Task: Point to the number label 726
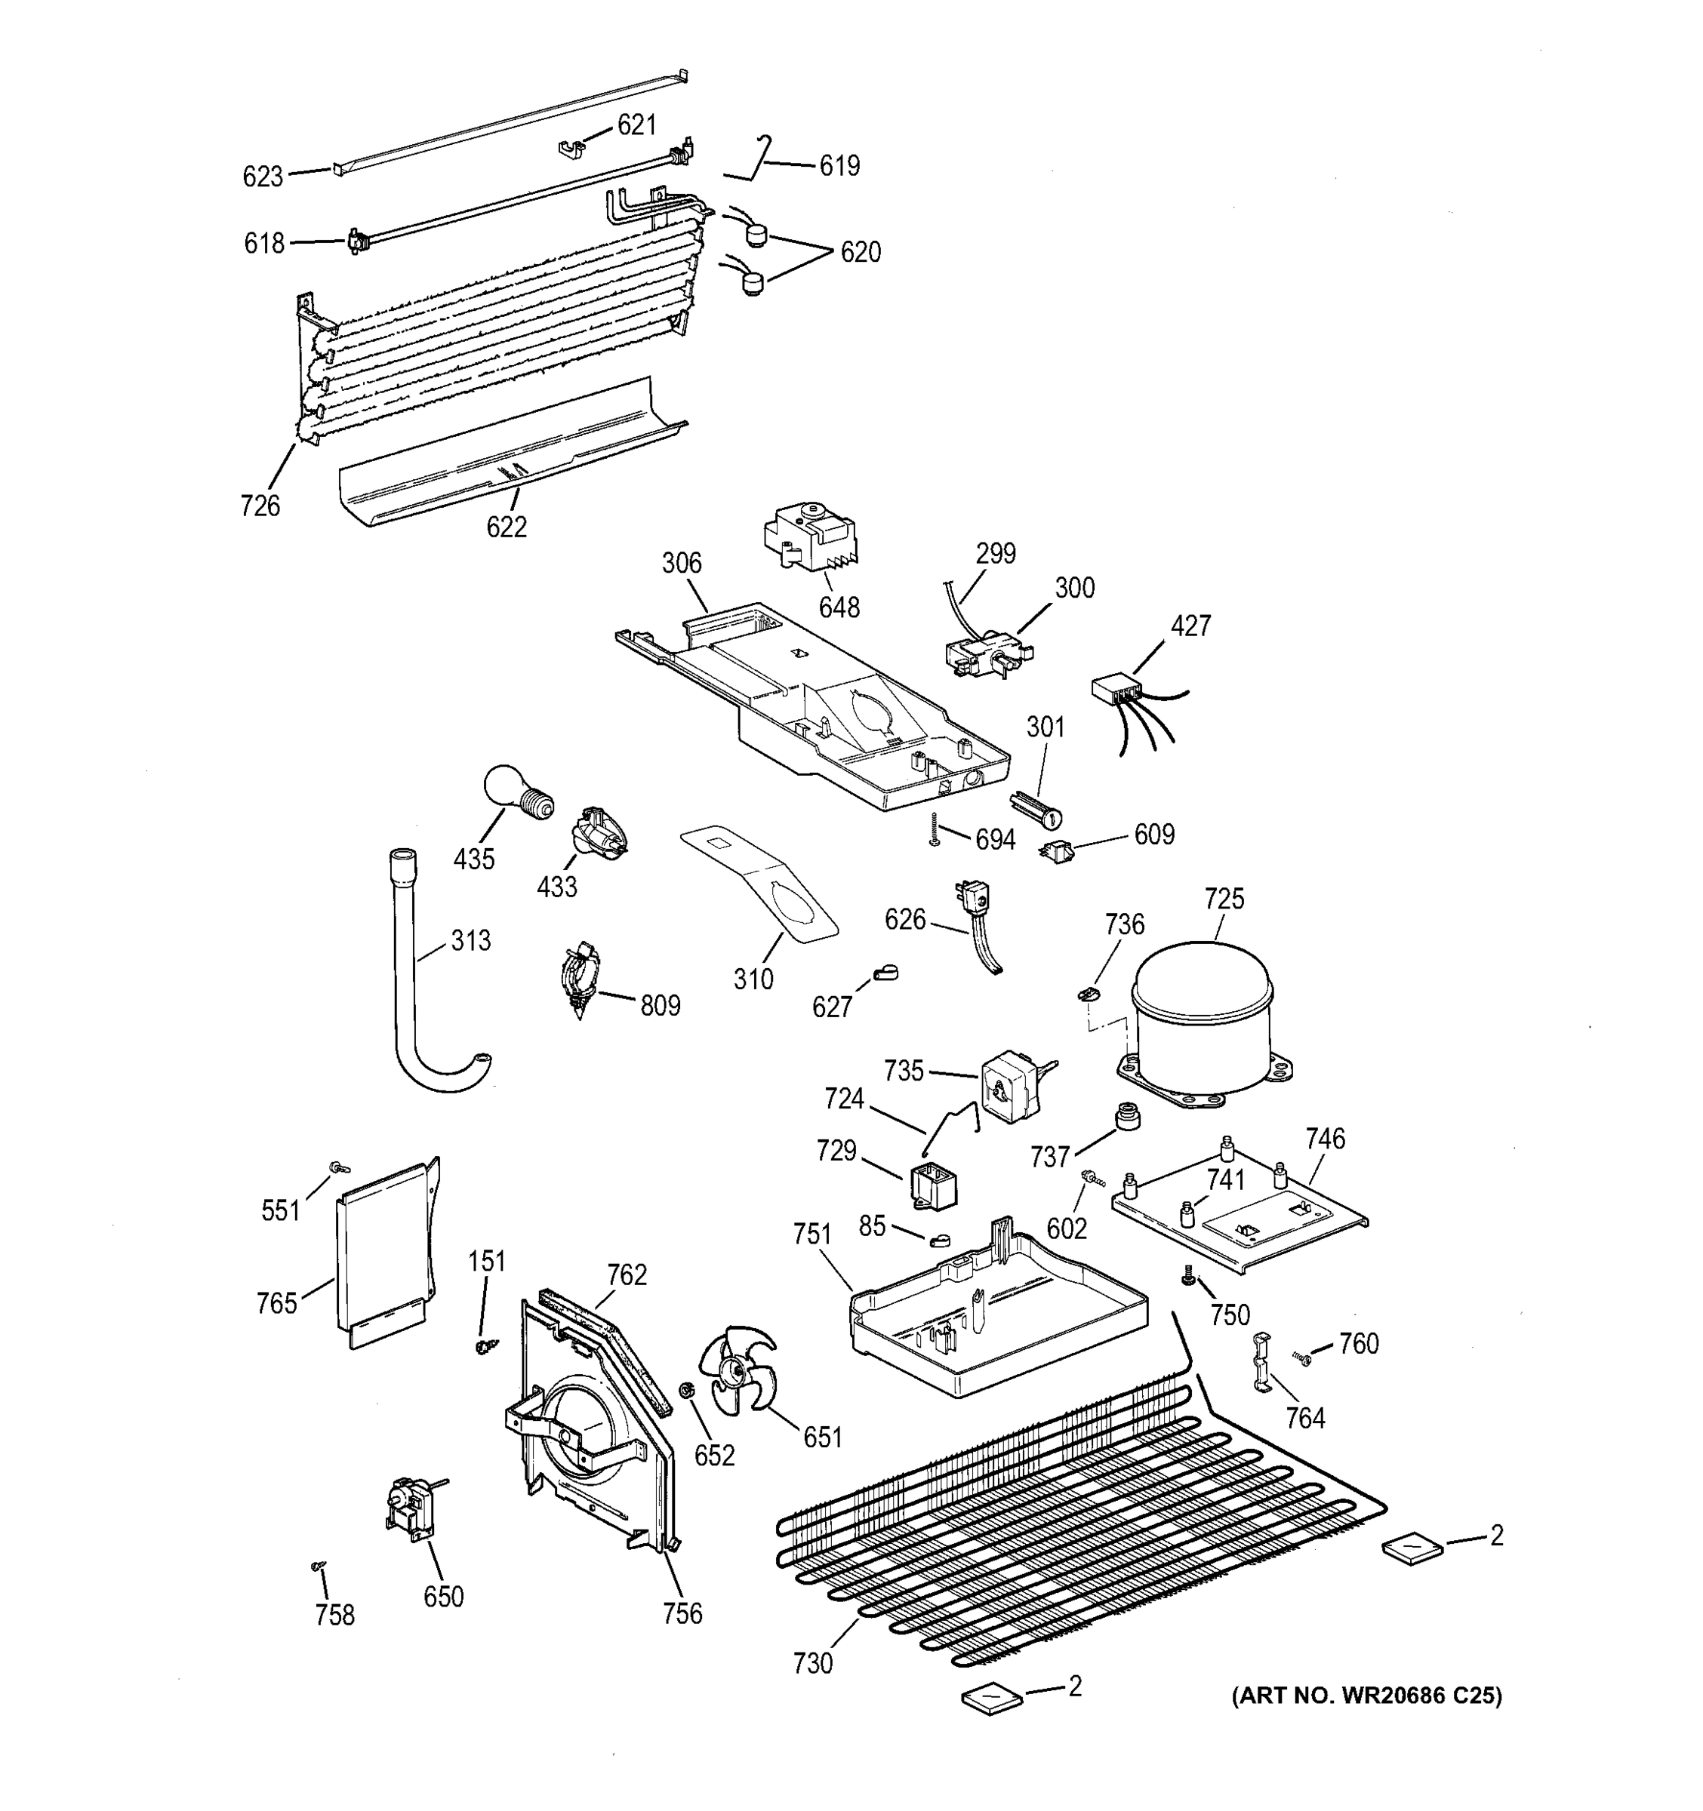[x=260, y=506]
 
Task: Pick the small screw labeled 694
[x=935, y=830]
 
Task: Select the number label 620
[x=859, y=252]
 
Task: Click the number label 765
[x=277, y=1304]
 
